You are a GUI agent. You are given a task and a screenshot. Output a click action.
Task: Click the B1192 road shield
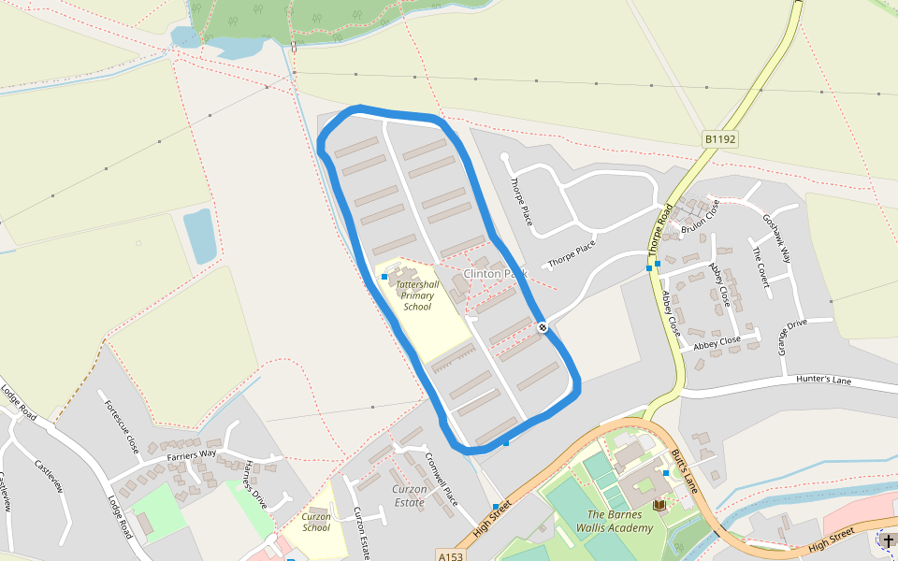(x=720, y=139)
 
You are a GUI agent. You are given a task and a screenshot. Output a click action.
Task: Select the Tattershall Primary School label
(x=417, y=295)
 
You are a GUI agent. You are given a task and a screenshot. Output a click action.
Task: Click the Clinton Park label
(x=496, y=274)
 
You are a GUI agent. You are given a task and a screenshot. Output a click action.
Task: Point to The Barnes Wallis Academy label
(x=619, y=522)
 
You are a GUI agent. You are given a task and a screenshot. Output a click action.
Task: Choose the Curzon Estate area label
(x=409, y=496)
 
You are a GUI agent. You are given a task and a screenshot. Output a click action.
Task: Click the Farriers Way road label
(x=192, y=455)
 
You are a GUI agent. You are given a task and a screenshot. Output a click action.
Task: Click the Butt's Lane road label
(x=684, y=470)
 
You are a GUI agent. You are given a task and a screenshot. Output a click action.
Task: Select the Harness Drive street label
(x=254, y=484)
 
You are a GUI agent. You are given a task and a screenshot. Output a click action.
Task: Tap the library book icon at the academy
(x=659, y=505)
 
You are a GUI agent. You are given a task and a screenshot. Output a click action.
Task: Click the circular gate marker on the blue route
(x=543, y=326)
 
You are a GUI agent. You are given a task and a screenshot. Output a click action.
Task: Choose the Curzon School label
(x=316, y=522)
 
